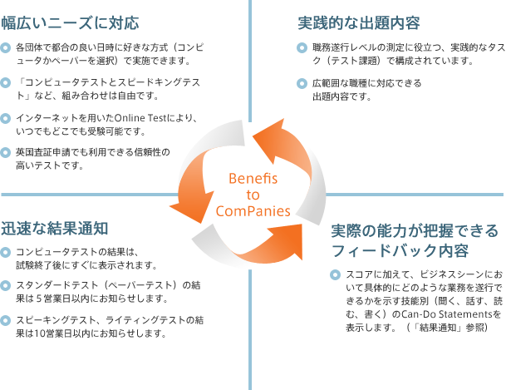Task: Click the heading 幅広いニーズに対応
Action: coord(70,23)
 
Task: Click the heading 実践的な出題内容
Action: coord(359,23)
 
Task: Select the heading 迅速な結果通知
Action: coord(55,228)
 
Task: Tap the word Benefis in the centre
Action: coord(253,178)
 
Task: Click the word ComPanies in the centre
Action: coord(253,211)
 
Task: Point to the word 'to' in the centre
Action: coord(253,195)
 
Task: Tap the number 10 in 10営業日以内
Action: coord(39,333)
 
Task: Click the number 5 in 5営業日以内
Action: coord(38,299)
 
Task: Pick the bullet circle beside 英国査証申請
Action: coord(6,152)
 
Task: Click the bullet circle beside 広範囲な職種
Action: coord(302,84)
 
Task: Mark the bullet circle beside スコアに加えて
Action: coord(336,274)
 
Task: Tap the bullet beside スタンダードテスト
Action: coord(6,285)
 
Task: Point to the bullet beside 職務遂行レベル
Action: coord(302,48)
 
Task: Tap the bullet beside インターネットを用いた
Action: coord(6,118)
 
